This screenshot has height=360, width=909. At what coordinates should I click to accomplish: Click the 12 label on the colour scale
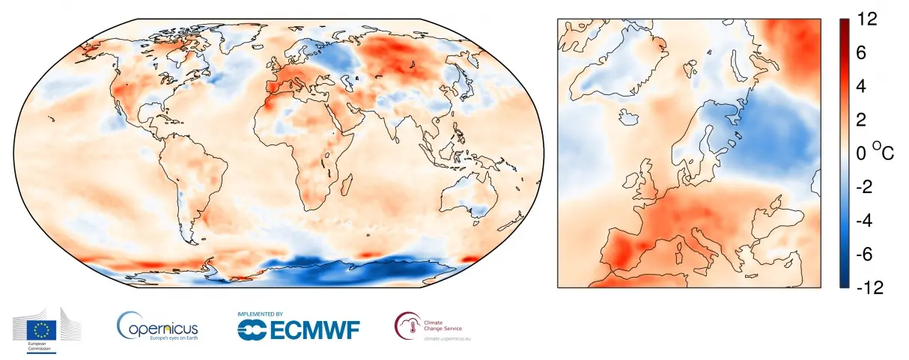869,22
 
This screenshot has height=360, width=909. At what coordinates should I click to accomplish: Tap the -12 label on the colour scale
869,287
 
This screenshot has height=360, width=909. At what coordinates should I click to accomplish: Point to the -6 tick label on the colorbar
867,254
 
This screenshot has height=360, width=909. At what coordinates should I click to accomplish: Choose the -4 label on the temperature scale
867,221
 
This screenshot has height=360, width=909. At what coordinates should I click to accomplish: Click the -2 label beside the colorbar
867,187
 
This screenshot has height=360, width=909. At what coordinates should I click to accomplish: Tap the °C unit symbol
883,153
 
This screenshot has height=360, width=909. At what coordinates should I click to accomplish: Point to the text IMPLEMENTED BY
260,314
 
